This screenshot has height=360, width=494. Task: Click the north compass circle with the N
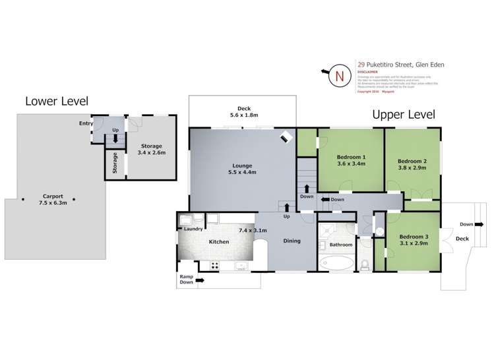pos(340,75)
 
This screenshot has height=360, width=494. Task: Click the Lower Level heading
pos(57,101)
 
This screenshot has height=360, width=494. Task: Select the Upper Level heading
pos(404,114)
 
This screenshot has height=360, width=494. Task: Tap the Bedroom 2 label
pos(412,161)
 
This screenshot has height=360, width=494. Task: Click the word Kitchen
pos(219,242)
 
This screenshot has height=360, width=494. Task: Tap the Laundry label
pos(193,229)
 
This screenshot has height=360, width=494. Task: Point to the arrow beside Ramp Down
pos(201,280)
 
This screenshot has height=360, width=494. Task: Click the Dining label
pos(291,241)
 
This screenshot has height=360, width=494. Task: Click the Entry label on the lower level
pos(86,123)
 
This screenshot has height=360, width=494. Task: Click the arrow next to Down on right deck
pos(485,224)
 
